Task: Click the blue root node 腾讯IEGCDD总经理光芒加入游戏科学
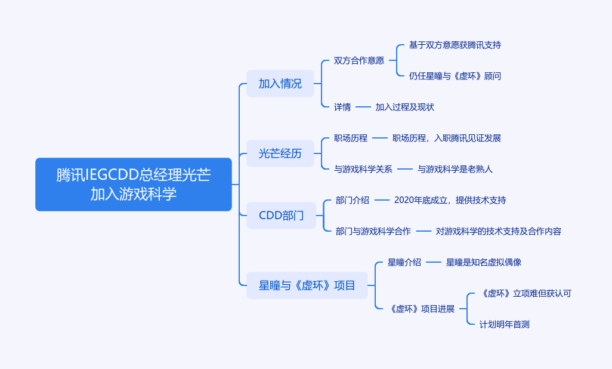click(x=133, y=184)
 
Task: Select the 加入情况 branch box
click(x=280, y=84)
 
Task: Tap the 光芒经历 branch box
click(x=280, y=153)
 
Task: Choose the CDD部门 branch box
click(x=281, y=216)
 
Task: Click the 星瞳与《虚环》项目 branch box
click(x=307, y=285)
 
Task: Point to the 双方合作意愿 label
click(x=358, y=60)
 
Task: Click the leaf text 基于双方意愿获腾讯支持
click(x=455, y=45)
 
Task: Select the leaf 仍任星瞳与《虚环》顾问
click(x=455, y=76)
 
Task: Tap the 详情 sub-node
click(x=342, y=107)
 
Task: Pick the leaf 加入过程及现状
click(x=404, y=107)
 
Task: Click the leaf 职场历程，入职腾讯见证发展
click(x=446, y=138)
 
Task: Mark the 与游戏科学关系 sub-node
click(x=363, y=169)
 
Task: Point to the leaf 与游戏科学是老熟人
click(x=455, y=169)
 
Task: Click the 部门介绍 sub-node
click(x=352, y=200)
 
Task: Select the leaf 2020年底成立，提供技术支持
click(x=450, y=200)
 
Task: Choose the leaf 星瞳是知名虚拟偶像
click(x=484, y=262)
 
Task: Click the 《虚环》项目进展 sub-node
click(x=421, y=309)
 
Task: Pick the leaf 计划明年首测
click(x=504, y=324)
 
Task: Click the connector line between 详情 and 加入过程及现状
click(x=363, y=107)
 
